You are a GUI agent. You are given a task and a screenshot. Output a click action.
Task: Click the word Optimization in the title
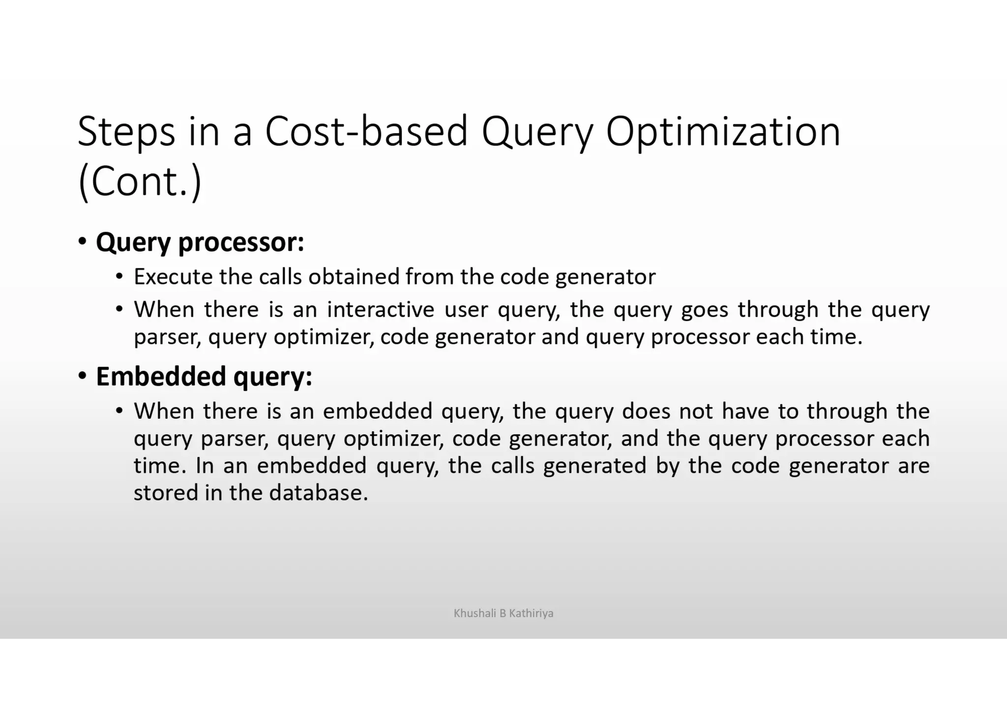[723, 132]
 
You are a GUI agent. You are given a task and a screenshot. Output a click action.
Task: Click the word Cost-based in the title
[366, 132]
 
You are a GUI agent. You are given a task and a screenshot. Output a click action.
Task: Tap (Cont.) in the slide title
[140, 182]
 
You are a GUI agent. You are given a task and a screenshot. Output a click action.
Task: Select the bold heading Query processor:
[200, 242]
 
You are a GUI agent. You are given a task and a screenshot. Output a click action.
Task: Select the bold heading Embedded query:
[204, 377]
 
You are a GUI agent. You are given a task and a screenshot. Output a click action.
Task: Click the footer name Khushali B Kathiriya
[503, 613]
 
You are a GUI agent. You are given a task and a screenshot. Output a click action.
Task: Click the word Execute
[173, 277]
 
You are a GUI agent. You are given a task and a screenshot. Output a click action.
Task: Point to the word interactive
[381, 310]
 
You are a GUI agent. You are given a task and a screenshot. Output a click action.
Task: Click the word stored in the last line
[166, 493]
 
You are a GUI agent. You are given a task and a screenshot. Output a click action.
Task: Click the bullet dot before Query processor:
[83, 242]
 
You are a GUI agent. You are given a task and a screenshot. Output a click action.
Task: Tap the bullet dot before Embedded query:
[83, 376]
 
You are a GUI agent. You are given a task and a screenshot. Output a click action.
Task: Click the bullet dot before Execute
[119, 277]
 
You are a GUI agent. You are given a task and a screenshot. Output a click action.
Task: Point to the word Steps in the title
[126, 132]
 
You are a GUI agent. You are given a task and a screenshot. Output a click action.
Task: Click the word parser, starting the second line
[167, 338]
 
